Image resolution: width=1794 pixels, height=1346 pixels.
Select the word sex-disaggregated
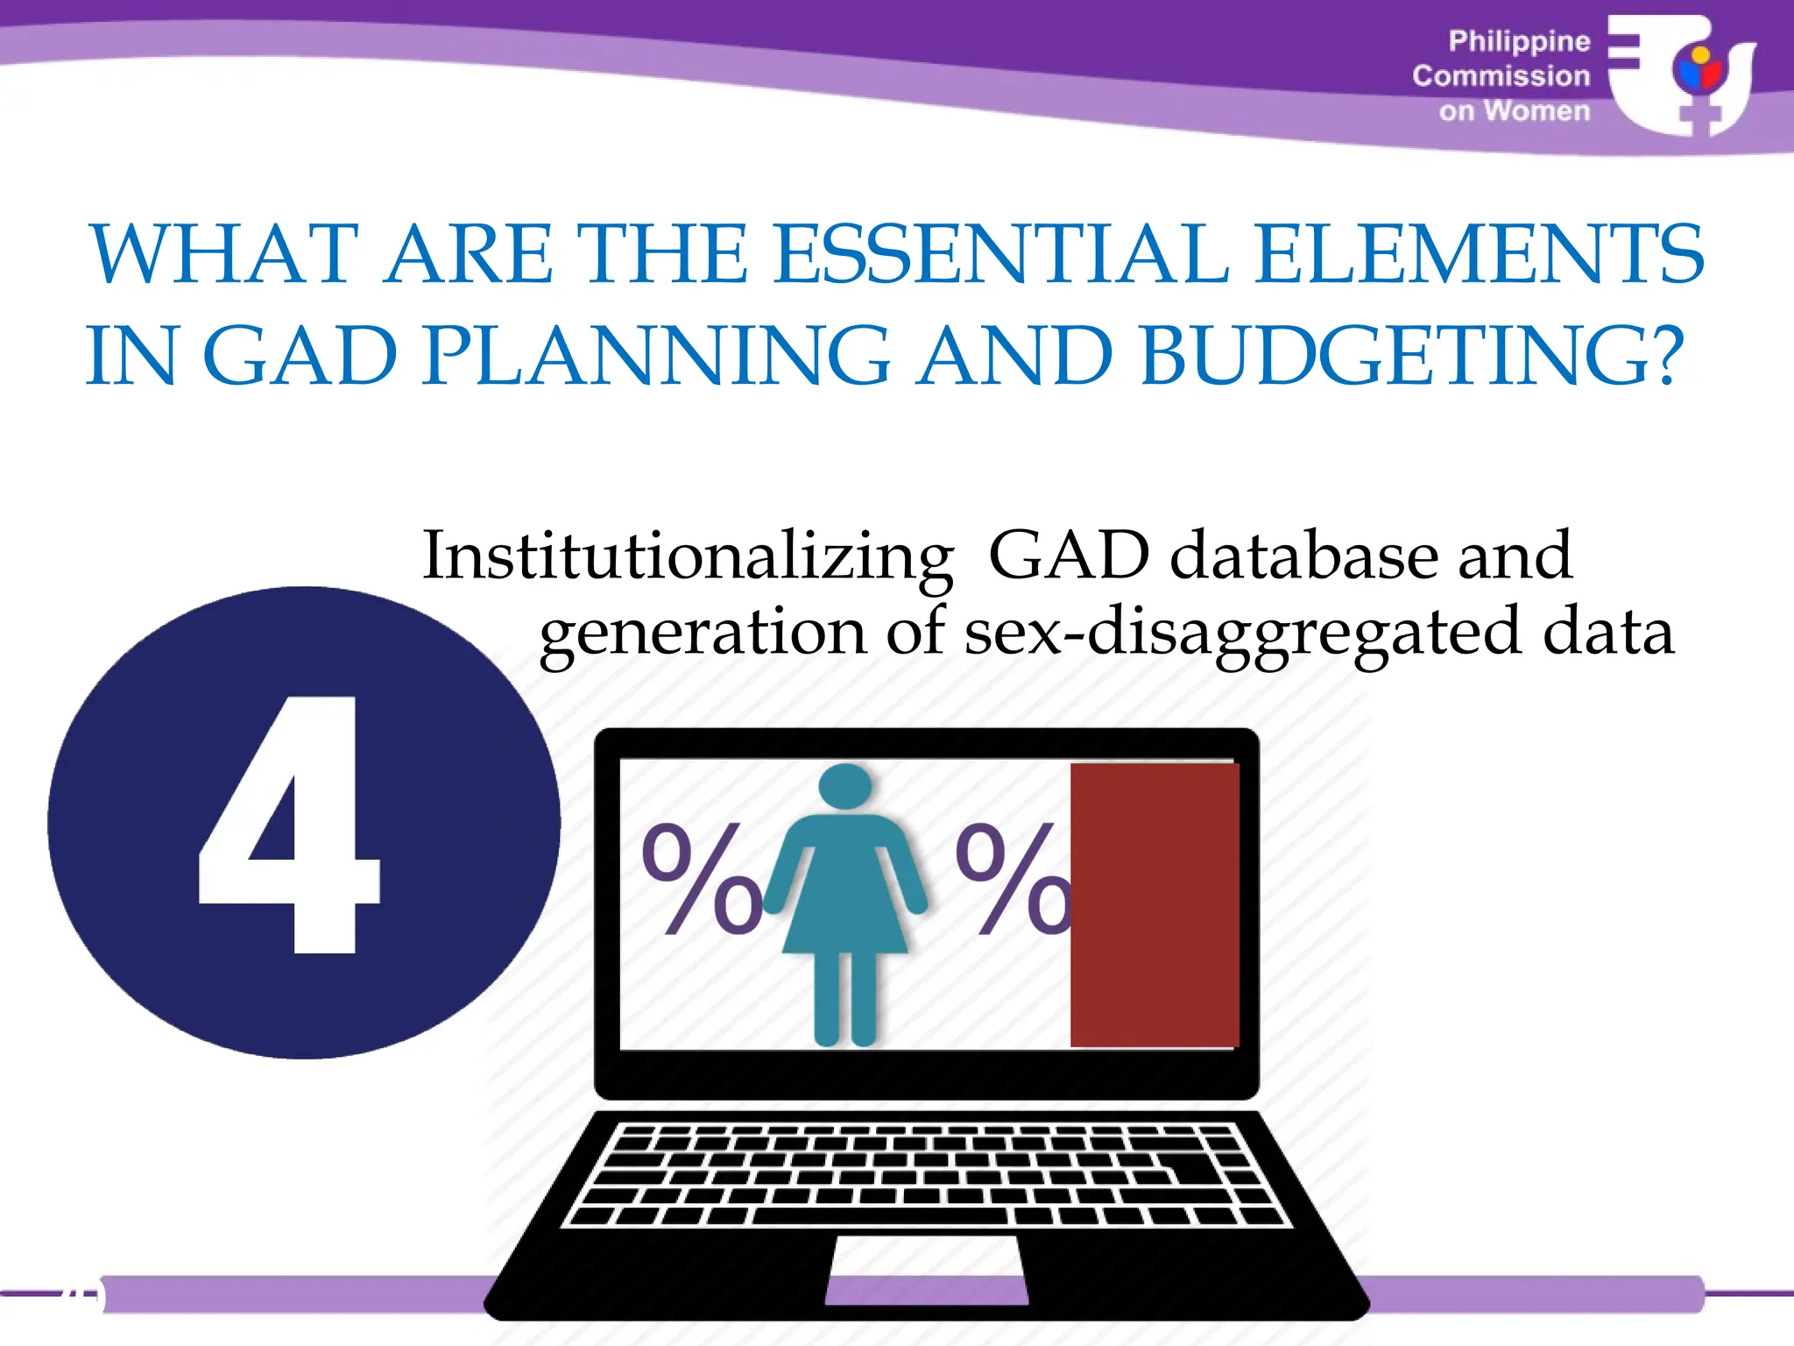(x=1242, y=633)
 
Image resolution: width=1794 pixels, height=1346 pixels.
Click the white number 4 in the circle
(x=289, y=824)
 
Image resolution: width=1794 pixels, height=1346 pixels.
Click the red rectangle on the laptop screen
(x=1154, y=904)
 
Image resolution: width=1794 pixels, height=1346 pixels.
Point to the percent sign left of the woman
(x=702, y=879)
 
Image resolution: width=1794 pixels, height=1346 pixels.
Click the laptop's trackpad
(x=927, y=1269)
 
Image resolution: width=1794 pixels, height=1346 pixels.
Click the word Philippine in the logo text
(x=1519, y=41)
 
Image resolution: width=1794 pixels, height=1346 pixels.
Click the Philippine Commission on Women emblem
(x=1682, y=76)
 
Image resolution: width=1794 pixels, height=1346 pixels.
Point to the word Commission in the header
(x=1501, y=76)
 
